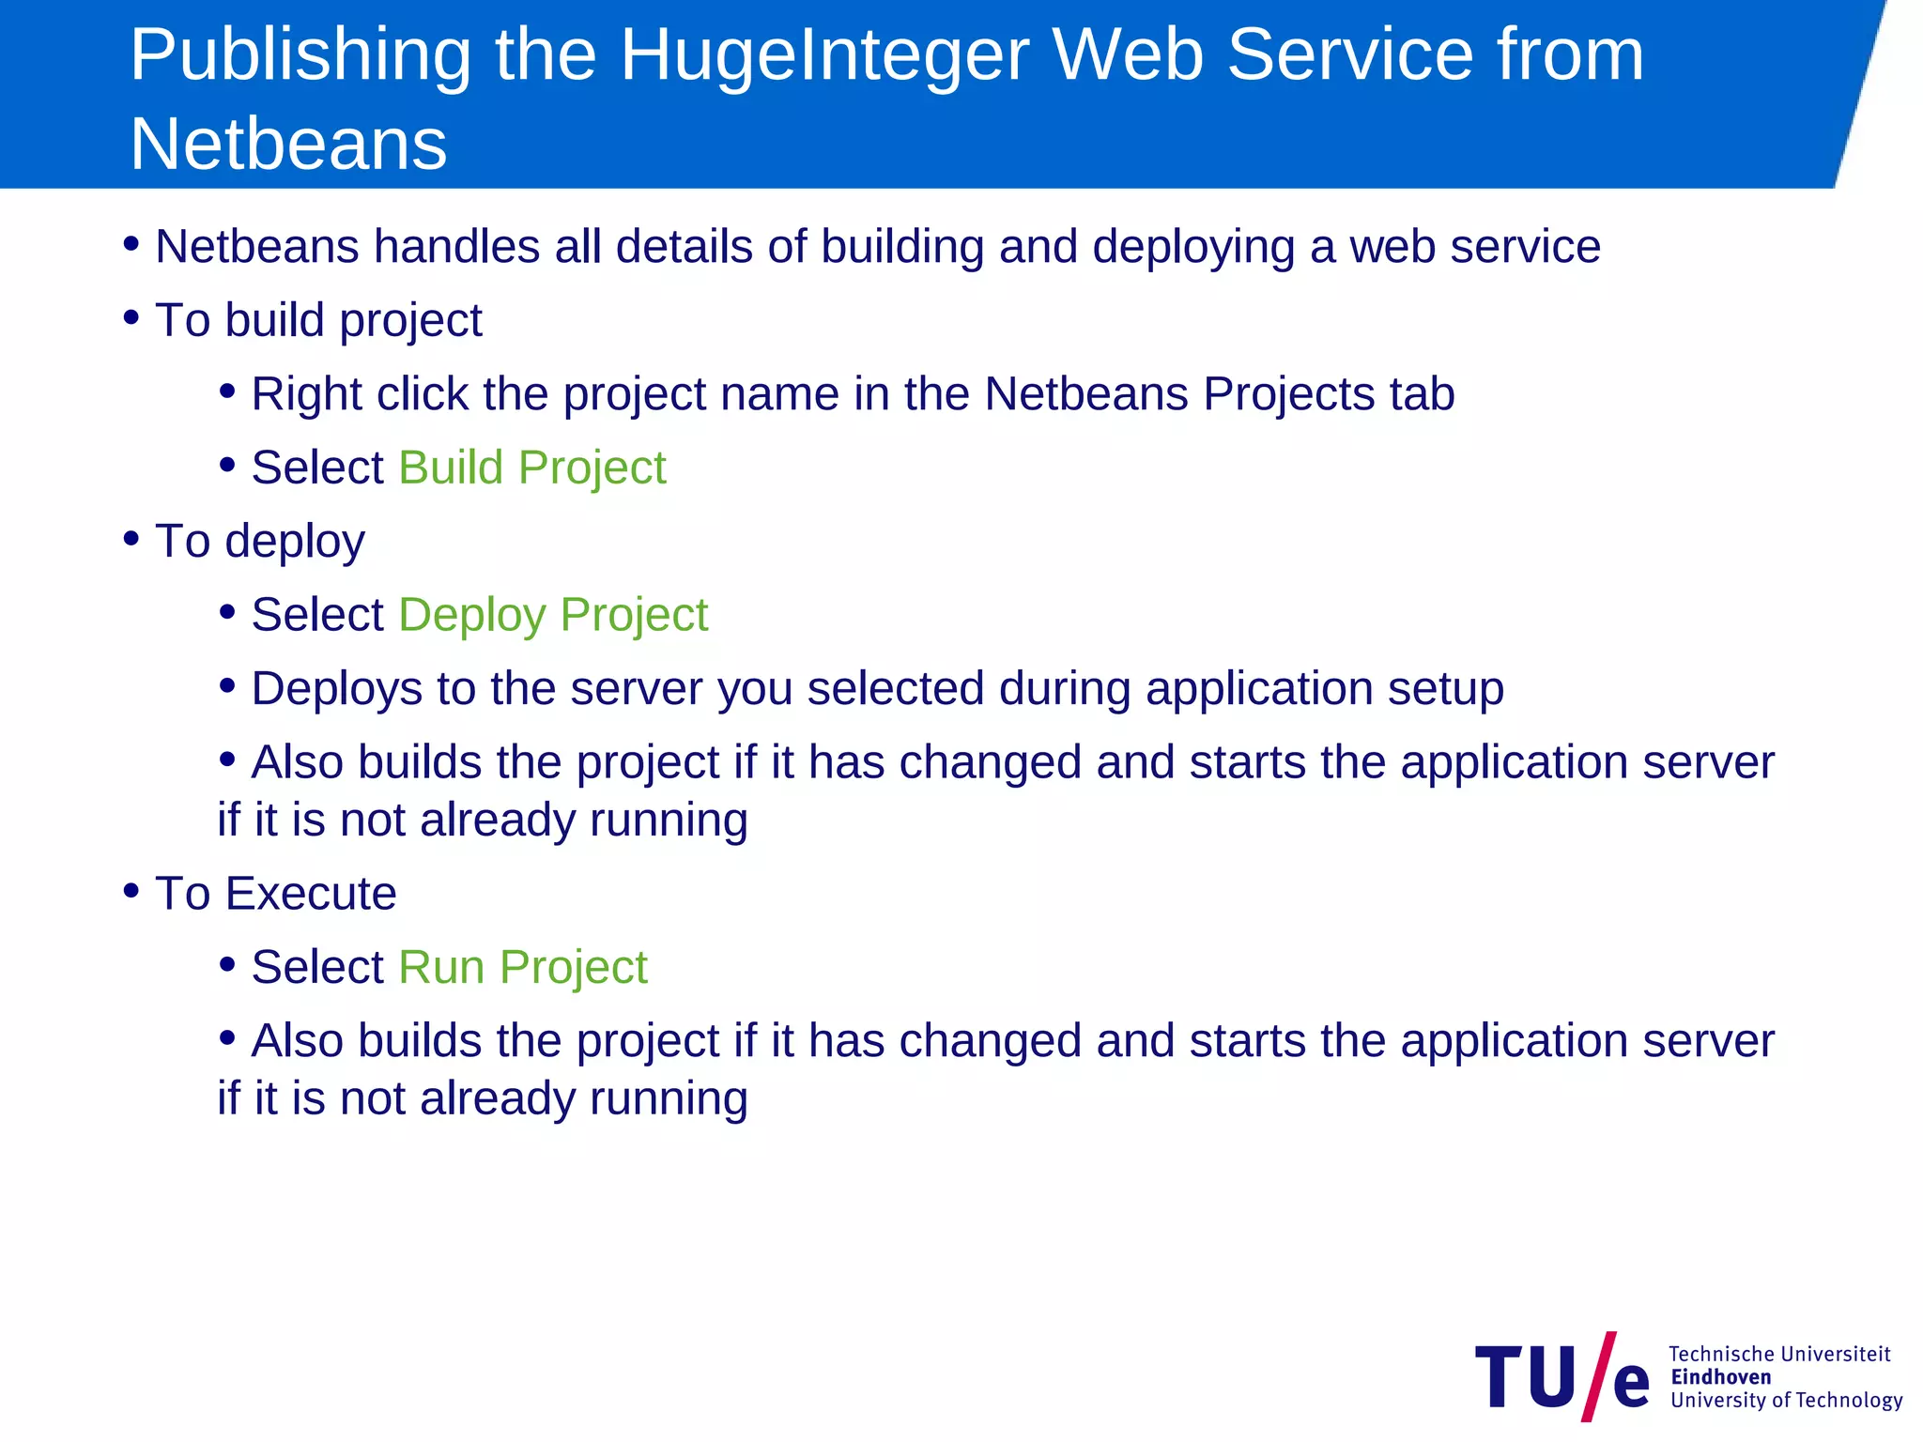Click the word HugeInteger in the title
coord(823,56)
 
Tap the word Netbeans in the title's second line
coord(288,145)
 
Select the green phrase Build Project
coord(531,468)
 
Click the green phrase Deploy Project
coord(553,615)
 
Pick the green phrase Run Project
coord(522,967)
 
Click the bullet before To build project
coord(131,317)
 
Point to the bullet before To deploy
coord(131,538)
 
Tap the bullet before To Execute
coord(131,890)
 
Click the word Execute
coord(310,893)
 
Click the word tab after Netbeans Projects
coord(1422,394)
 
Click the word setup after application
coord(1445,689)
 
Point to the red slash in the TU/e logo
coord(1599,1376)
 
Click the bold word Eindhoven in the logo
coord(1720,1377)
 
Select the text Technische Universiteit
coord(1778,1354)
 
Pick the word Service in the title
coord(1351,56)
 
